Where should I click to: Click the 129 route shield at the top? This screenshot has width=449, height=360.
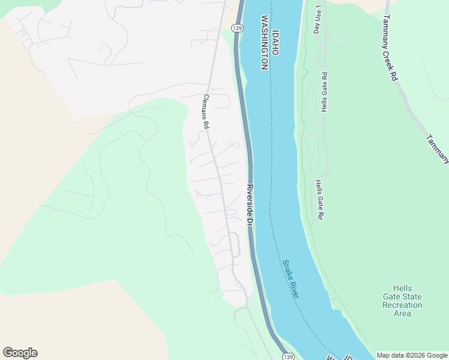point(238,28)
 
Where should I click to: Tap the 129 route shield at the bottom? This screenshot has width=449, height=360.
point(289,356)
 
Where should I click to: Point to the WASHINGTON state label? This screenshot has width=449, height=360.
point(264,44)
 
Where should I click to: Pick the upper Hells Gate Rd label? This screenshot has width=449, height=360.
point(324,92)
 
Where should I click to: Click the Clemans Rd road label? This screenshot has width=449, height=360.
point(205,112)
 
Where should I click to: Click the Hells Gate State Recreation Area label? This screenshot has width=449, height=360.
point(402,301)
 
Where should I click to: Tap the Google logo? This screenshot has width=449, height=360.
point(20,353)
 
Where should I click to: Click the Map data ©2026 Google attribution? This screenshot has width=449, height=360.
point(412,355)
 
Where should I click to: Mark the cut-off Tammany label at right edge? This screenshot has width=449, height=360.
point(438,149)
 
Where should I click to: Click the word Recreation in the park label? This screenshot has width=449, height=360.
point(402,305)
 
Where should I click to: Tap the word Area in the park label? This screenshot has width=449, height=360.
point(402,313)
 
